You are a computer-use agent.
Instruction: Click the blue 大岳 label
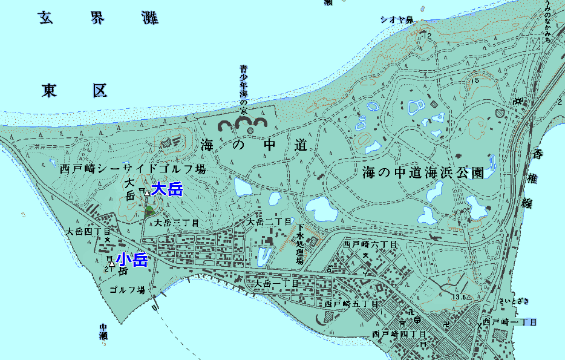pyautogui.click(x=167, y=189)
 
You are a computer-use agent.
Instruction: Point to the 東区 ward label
pyautogui.click(x=74, y=91)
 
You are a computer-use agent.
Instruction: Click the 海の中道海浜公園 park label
pyautogui.click(x=423, y=172)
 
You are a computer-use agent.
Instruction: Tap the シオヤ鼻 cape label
pyautogui.click(x=396, y=20)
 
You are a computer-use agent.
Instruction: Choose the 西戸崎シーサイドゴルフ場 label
pyautogui.click(x=133, y=169)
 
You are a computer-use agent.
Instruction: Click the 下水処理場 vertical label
pyautogui.click(x=299, y=245)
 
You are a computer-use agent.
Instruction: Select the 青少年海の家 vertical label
pyautogui.click(x=244, y=91)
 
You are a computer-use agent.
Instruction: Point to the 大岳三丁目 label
pyautogui.click(x=177, y=223)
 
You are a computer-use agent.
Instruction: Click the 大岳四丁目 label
pyautogui.click(x=88, y=231)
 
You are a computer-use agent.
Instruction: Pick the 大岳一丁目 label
pyautogui.click(x=276, y=283)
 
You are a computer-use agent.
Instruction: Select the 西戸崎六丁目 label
pyautogui.click(x=369, y=245)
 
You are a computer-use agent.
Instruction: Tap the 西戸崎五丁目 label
pyautogui.click(x=351, y=304)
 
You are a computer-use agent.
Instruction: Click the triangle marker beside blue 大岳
pyautogui.click(x=147, y=193)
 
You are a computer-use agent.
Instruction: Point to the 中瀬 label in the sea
pyautogui.click(x=103, y=331)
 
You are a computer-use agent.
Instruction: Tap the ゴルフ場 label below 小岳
pyautogui.click(x=127, y=290)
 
